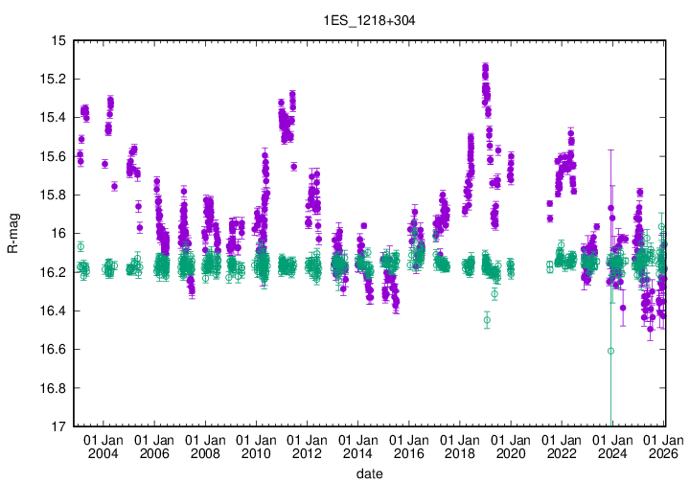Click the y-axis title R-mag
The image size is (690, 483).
[x=12, y=233]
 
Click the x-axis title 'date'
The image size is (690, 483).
[x=370, y=473]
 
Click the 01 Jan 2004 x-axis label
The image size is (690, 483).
[x=103, y=447]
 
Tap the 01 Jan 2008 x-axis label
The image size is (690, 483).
[x=205, y=447]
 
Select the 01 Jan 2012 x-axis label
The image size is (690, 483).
[x=307, y=447]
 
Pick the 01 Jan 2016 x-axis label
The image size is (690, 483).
[x=408, y=447]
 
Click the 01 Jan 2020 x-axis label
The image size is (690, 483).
[x=510, y=447]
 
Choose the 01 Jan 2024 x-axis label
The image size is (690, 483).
[x=611, y=447]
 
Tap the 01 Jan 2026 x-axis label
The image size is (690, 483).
[x=662, y=447]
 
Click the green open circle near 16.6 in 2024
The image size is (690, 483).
[x=610, y=351]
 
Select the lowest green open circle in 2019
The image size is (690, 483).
[x=487, y=320]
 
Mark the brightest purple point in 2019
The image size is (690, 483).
[x=485, y=67]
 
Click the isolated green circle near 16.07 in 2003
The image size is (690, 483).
[x=80, y=246]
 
